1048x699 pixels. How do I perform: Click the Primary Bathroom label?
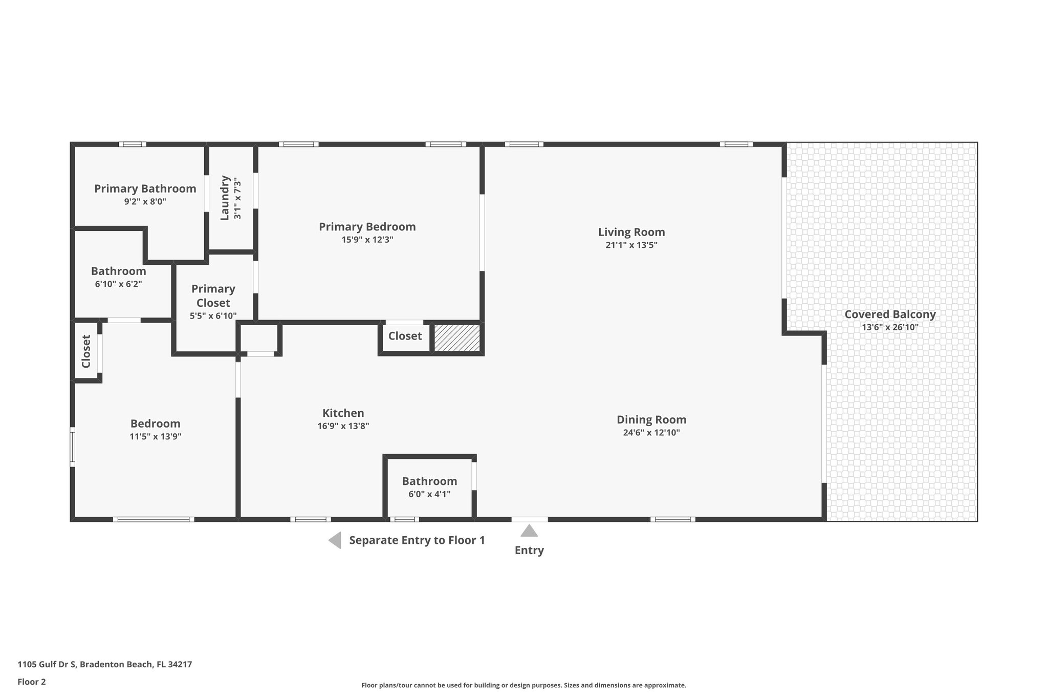click(145, 188)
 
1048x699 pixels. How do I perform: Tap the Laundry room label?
click(225, 198)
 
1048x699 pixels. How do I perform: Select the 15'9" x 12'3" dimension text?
click(367, 240)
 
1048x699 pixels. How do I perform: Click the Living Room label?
click(631, 232)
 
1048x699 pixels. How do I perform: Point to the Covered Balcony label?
click(890, 314)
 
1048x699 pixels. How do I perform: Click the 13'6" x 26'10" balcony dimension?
click(890, 327)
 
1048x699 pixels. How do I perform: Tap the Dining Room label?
click(651, 419)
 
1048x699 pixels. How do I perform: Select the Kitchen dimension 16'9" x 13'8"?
click(343, 426)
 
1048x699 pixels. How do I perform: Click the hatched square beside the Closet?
click(457, 338)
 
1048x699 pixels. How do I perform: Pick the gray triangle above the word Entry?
click(529, 531)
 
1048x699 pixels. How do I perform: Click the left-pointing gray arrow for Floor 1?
click(335, 540)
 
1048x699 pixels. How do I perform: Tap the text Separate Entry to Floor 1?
click(417, 540)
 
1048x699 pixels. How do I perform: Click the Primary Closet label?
click(213, 295)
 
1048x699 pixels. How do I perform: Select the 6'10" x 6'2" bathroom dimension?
click(118, 284)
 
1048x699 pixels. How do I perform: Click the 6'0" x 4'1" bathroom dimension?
click(429, 494)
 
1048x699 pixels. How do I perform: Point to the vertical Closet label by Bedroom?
click(86, 351)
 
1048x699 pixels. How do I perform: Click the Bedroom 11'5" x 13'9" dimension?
click(155, 437)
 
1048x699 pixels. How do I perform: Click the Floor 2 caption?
click(32, 682)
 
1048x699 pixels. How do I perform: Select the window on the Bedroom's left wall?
click(73, 447)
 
